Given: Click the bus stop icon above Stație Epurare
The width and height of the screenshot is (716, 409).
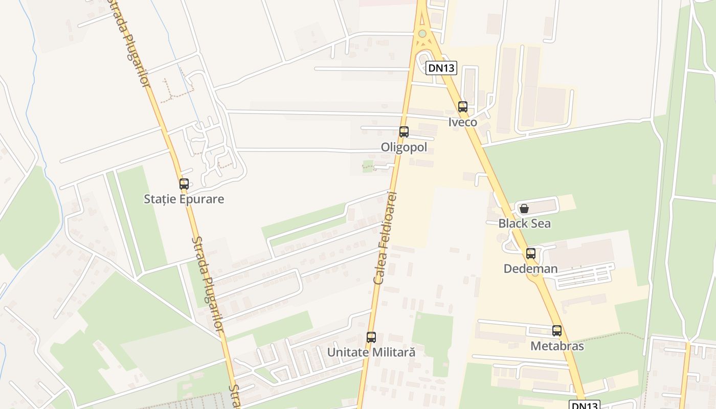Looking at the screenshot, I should coord(184,184).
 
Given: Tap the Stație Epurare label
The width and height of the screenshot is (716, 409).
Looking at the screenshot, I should coord(184,199).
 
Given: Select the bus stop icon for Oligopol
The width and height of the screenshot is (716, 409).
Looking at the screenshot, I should coord(404,132).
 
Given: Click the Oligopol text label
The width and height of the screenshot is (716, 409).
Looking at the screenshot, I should coord(404,147).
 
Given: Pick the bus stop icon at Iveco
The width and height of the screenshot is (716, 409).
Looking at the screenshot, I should coord(463,107).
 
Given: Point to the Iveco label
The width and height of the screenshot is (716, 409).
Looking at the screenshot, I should coord(463,122).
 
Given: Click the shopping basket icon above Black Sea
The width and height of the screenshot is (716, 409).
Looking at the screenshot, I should coord(524,209).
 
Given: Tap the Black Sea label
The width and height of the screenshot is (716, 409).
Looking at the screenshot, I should coord(525,223).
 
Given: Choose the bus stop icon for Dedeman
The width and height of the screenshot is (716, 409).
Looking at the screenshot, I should coord(531,253).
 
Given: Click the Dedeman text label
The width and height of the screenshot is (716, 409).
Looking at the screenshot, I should coord(531,268).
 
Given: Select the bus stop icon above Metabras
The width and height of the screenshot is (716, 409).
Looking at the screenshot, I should coord(557,331).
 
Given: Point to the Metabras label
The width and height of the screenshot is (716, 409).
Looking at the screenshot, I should coord(557,346).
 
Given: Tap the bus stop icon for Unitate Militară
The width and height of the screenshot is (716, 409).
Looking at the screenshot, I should coord(371,337).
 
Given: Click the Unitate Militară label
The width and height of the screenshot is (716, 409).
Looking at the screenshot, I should coord(371,352).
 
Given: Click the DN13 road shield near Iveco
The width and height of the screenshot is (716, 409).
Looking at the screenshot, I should coord(441,68).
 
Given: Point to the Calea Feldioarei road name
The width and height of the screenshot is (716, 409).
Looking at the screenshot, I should coord(386,238).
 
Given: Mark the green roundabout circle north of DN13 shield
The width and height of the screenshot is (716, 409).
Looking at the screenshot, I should coord(422,34).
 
